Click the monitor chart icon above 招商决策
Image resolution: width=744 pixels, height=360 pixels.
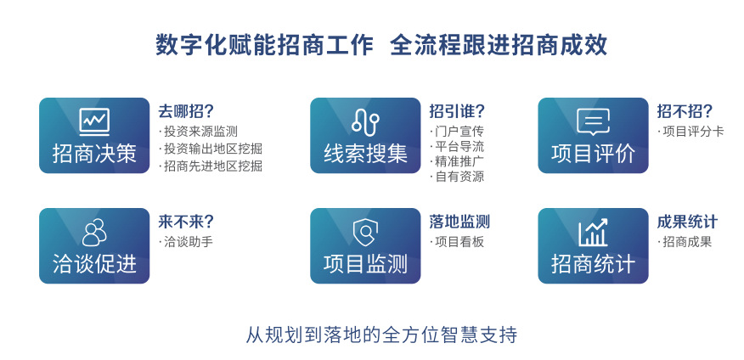click(x=94, y=122)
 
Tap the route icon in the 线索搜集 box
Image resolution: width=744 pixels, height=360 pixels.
click(x=365, y=121)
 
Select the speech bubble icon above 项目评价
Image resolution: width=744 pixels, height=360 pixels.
click(x=593, y=122)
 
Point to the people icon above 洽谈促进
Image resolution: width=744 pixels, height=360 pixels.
click(x=94, y=233)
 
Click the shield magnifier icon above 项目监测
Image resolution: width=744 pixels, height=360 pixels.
click(x=365, y=233)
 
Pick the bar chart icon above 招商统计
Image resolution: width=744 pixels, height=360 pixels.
click(x=593, y=233)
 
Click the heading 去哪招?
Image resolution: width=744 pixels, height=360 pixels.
click(x=186, y=111)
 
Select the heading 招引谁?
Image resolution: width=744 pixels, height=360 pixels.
click(x=458, y=111)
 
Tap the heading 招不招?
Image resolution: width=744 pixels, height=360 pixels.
click(x=685, y=111)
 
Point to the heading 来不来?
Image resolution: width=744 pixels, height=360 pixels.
click(x=186, y=222)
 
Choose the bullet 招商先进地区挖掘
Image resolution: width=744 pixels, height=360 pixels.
click(x=211, y=166)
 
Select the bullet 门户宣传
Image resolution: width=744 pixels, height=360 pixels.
click(x=457, y=132)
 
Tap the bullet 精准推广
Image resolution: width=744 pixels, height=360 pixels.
click(x=457, y=161)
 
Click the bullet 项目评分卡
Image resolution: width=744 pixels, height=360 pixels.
click(x=690, y=132)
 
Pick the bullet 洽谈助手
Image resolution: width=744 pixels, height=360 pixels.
click(x=186, y=242)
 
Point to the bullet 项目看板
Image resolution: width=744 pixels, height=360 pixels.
click(x=457, y=242)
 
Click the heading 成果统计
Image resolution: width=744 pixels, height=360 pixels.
click(x=688, y=222)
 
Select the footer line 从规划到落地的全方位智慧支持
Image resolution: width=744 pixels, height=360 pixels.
click(x=381, y=335)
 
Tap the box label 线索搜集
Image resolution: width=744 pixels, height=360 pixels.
click(x=365, y=154)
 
